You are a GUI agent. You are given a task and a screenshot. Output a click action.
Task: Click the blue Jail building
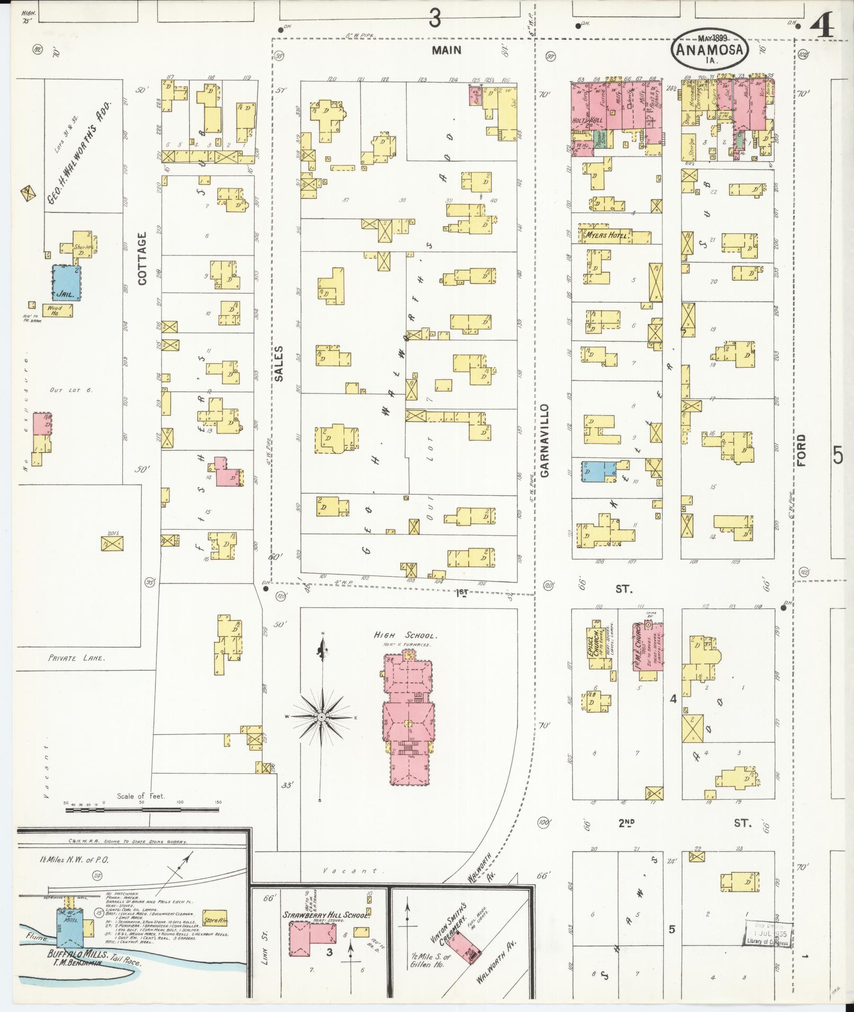[66, 282]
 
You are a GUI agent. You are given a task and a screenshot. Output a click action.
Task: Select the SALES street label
[279, 363]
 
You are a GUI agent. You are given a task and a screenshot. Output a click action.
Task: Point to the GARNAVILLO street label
[545, 441]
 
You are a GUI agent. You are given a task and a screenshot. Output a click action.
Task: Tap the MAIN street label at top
[446, 50]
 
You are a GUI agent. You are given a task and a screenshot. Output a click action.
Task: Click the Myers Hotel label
[607, 235]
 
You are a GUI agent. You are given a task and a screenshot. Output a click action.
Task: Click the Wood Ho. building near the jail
[55, 310]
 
